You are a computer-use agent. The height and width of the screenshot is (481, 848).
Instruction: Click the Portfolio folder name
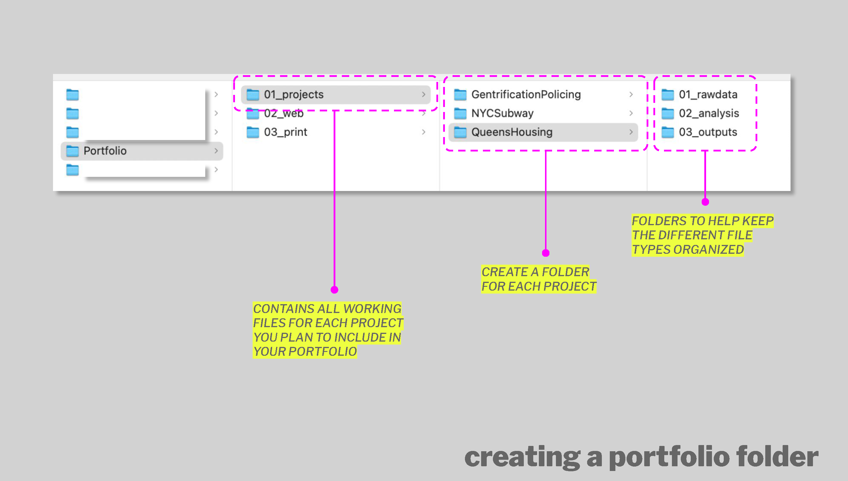(105, 151)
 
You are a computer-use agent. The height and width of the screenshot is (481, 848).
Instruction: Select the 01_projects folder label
(294, 95)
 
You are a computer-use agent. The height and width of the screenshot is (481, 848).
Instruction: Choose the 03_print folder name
(285, 132)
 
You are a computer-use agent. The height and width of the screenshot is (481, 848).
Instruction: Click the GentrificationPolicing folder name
(526, 95)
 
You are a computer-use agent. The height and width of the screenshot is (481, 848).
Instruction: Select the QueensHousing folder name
(511, 132)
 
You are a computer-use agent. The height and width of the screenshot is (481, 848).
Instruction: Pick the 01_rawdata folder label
(708, 95)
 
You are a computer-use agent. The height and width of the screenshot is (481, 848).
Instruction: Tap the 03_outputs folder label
(708, 132)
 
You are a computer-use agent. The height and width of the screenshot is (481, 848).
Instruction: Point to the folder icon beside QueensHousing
(460, 132)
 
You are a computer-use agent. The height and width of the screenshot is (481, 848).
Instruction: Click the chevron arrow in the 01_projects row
(424, 95)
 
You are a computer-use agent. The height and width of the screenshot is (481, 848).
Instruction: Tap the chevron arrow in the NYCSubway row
(631, 113)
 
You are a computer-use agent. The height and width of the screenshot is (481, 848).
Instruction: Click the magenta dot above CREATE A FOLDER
(546, 253)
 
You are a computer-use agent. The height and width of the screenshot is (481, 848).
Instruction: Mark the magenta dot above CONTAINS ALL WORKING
(334, 290)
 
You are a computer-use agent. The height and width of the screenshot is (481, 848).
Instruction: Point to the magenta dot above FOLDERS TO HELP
(705, 202)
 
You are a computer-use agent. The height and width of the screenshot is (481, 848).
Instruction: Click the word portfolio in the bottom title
(669, 457)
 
